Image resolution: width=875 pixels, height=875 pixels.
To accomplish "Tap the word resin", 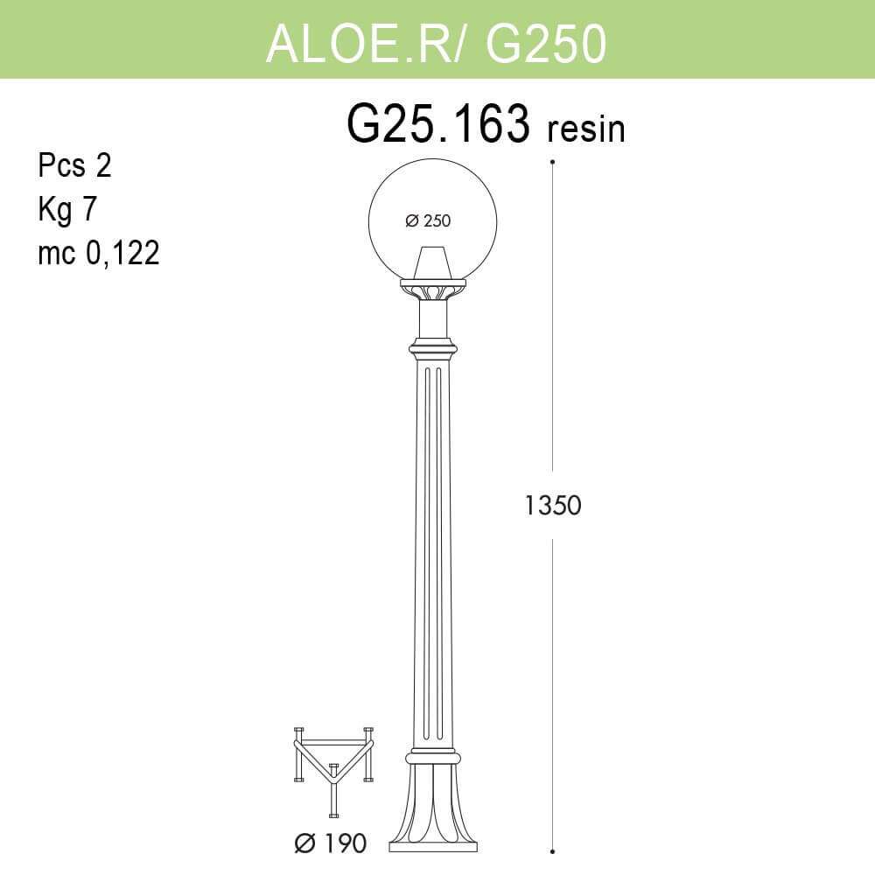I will click(x=585, y=129).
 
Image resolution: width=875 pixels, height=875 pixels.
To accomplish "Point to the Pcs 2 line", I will click(x=75, y=165).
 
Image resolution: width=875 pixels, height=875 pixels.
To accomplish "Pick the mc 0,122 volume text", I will click(x=98, y=253).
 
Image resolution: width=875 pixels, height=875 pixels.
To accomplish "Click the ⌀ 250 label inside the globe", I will click(x=428, y=221).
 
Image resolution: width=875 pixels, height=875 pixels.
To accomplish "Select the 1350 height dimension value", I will click(x=553, y=505).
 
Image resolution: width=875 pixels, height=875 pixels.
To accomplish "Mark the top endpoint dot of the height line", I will click(x=553, y=162).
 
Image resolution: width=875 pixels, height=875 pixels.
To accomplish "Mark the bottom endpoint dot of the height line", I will click(x=553, y=850).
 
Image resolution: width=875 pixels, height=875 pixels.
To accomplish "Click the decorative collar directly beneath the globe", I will click(x=432, y=288).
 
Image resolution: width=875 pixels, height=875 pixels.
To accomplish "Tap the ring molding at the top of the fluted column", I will click(x=432, y=349).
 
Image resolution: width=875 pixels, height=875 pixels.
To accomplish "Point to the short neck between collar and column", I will click(x=432, y=319).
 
